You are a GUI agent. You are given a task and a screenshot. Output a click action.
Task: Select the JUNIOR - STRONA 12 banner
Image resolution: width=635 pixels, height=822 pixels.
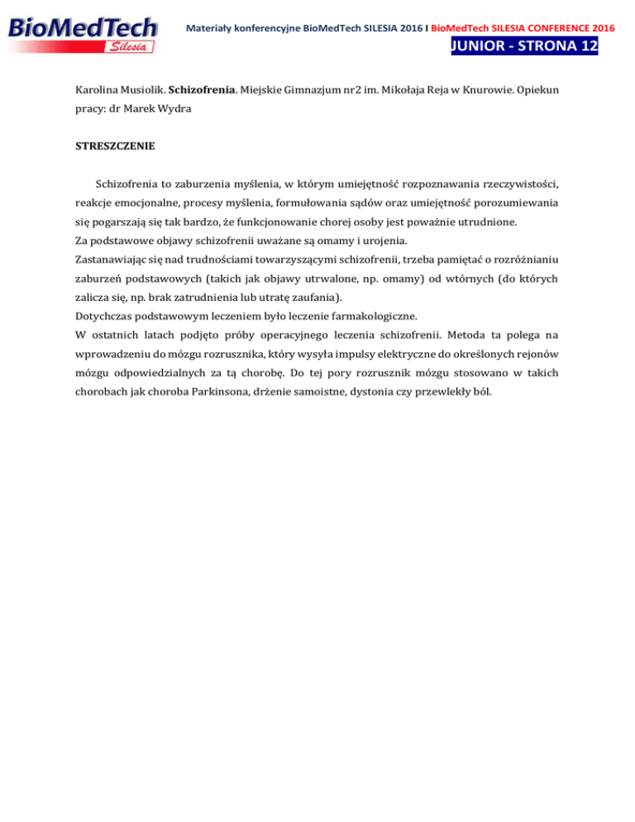[x=525, y=47]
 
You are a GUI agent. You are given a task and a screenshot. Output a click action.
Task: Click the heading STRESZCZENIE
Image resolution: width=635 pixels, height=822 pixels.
[x=112, y=150]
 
